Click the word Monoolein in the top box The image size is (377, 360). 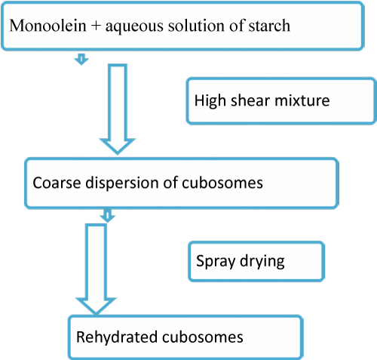click(x=48, y=26)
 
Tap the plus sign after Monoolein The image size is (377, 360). click(x=96, y=26)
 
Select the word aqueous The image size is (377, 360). click(x=134, y=27)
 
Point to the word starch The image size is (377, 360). click(x=269, y=26)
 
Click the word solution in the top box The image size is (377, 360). click(x=196, y=26)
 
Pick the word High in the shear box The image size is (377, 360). click(x=210, y=101)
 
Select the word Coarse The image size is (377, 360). click(x=57, y=183)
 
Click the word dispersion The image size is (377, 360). click(x=121, y=183)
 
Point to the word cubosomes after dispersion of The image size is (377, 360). click(x=222, y=183)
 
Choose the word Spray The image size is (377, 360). click(x=216, y=262)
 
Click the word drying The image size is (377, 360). click(x=262, y=262)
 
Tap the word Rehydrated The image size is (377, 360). click(x=116, y=337)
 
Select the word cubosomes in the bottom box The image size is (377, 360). click(x=202, y=337)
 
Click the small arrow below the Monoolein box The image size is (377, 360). click(x=81, y=59)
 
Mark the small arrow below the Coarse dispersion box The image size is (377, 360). click(x=107, y=216)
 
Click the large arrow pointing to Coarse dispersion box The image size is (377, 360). click(x=118, y=109)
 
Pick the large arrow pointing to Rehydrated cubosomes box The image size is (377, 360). click(x=96, y=269)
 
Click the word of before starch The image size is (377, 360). click(x=236, y=25)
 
